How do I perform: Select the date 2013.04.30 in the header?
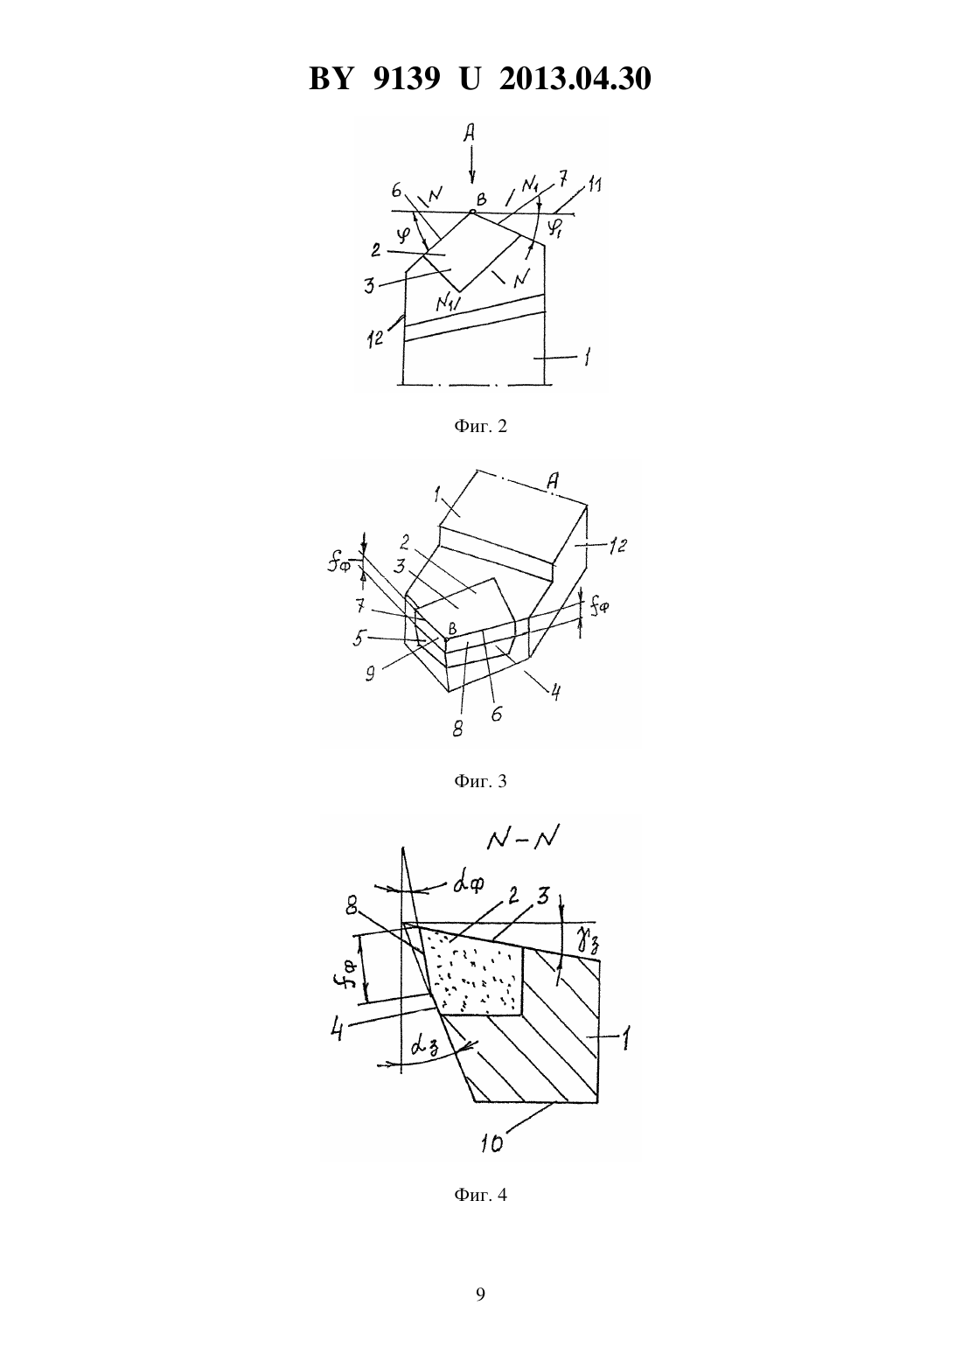tap(575, 79)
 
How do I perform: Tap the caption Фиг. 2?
tap(480, 427)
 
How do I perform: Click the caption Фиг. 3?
tap(480, 781)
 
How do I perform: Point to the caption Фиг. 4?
tap(480, 1195)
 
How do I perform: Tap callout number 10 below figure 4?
tap(491, 1143)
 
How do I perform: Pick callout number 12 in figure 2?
tap(376, 338)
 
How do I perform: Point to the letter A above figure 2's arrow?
tap(469, 132)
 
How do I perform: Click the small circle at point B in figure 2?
tap(472, 212)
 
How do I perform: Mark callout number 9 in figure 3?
tap(370, 674)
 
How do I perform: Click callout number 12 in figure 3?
tap(617, 546)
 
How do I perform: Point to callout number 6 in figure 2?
tap(396, 191)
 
